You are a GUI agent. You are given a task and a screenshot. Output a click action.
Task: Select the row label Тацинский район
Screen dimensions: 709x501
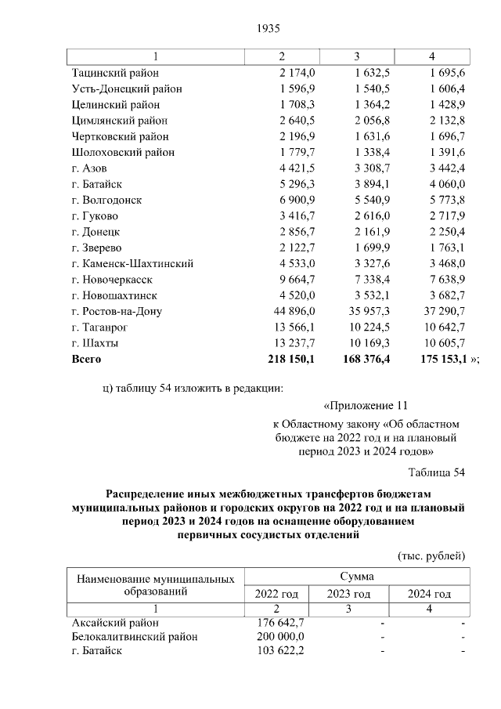pos(114,73)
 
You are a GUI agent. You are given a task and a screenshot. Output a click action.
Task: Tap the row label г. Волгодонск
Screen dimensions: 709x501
pos(106,201)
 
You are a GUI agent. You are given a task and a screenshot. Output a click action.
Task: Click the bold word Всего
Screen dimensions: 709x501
pos(87,360)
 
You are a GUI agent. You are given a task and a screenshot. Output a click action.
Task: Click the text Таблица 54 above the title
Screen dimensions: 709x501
pos(437,472)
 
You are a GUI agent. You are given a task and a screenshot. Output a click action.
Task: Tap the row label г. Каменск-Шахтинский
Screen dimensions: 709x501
pos(132,264)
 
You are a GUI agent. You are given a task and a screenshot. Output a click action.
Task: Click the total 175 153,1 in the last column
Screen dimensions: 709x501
pos(436,360)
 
